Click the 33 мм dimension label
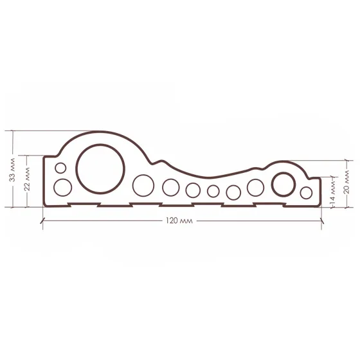point(12,170)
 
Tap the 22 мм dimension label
point(27,179)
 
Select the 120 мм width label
point(179,221)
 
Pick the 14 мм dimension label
point(332,192)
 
